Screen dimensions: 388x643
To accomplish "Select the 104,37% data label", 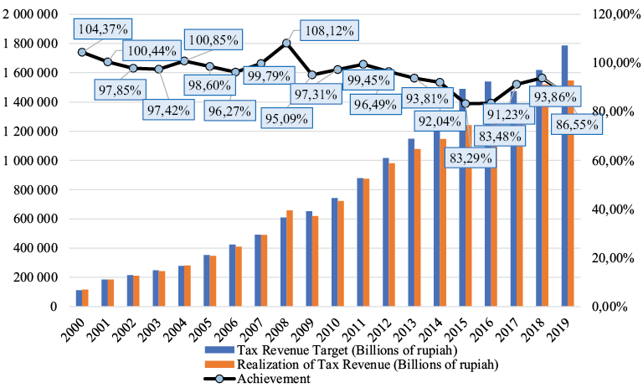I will point(103,28).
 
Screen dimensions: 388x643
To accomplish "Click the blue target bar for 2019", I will point(564,176).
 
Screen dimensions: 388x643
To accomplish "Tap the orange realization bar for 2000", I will point(85,297).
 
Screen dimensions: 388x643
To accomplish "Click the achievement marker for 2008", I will point(286,43).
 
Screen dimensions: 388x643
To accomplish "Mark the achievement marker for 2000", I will point(82,52).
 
